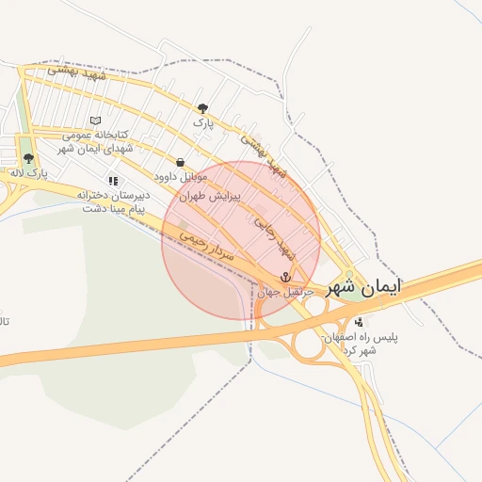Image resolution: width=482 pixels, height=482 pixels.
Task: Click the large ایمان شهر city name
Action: (363, 289)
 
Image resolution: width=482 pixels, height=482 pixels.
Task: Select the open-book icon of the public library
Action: (94, 120)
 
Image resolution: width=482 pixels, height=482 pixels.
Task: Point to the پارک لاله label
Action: (28, 173)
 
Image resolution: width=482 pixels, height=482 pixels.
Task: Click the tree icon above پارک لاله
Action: (28, 158)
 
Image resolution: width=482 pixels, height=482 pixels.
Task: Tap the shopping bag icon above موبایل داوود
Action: (180, 162)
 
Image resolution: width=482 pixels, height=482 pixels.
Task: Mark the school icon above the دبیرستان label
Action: (113, 180)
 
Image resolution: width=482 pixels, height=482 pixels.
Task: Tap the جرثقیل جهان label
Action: (284, 292)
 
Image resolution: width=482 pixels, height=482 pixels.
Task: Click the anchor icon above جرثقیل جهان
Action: (285, 277)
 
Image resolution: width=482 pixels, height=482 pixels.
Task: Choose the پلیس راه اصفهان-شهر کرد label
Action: (361, 343)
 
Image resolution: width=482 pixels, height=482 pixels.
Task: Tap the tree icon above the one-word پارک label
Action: (202, 108)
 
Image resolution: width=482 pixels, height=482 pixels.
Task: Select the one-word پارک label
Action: (203, 123)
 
